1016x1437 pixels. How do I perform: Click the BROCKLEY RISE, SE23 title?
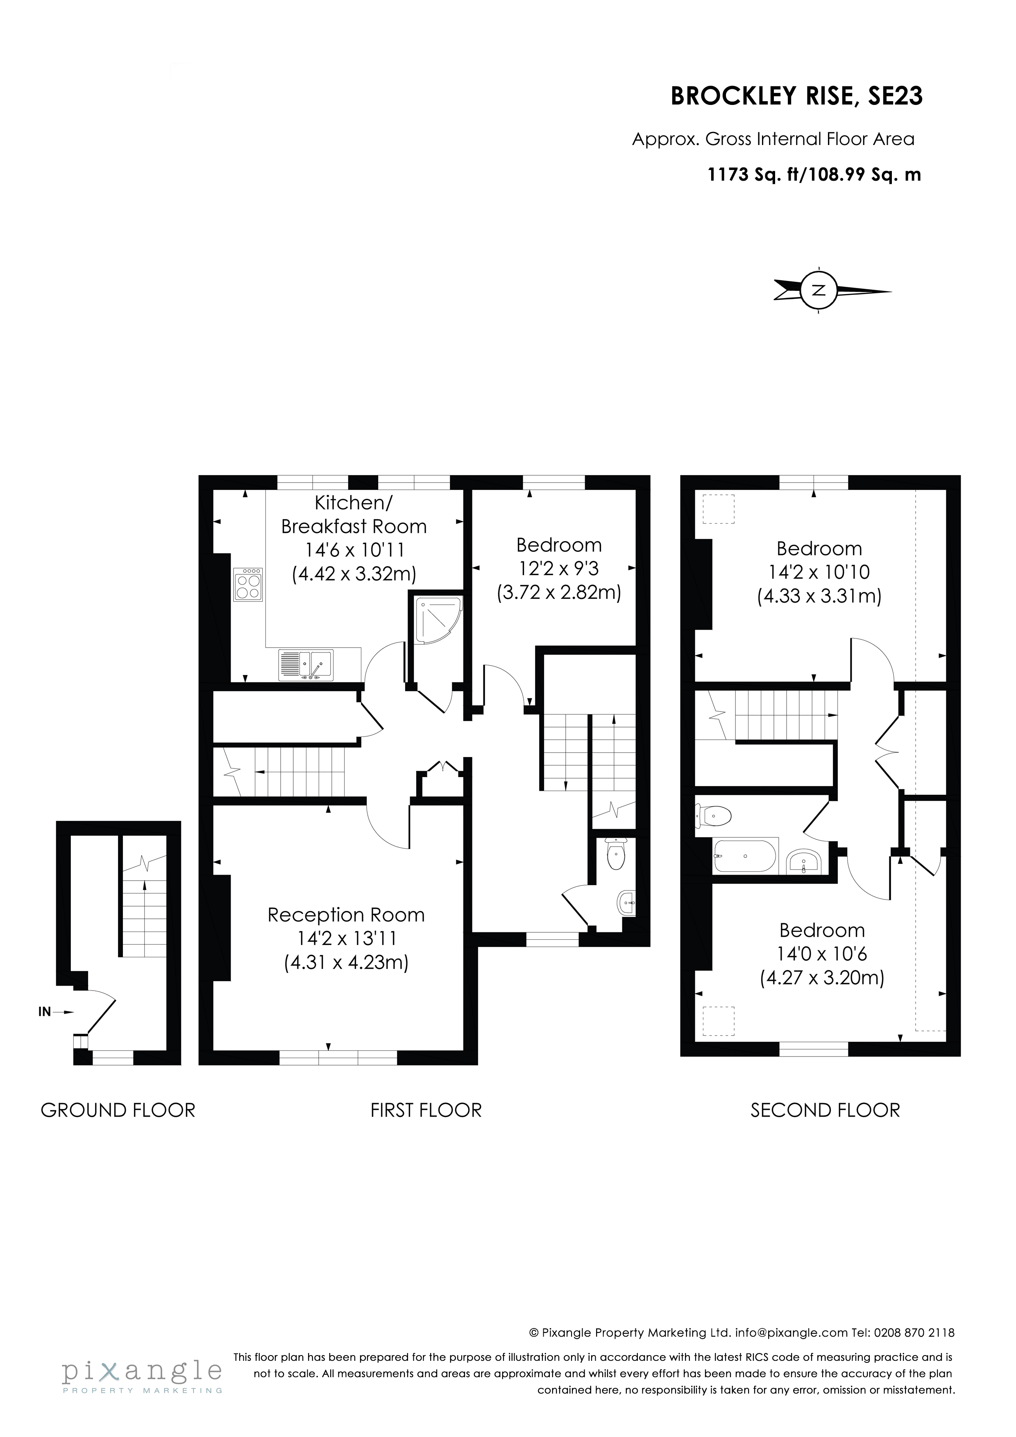[x=796, y=96]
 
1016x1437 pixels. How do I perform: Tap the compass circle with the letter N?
[x=818, y=290]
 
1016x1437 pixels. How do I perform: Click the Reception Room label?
[x=346, y=915]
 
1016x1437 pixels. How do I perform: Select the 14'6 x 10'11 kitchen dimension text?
[x=354, y=550]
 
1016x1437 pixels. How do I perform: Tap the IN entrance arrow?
[x=54, y=1011]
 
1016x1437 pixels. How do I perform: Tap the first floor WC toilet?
[x=617, y=857]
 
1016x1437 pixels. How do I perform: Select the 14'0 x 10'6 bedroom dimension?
[x=822, y=954]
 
